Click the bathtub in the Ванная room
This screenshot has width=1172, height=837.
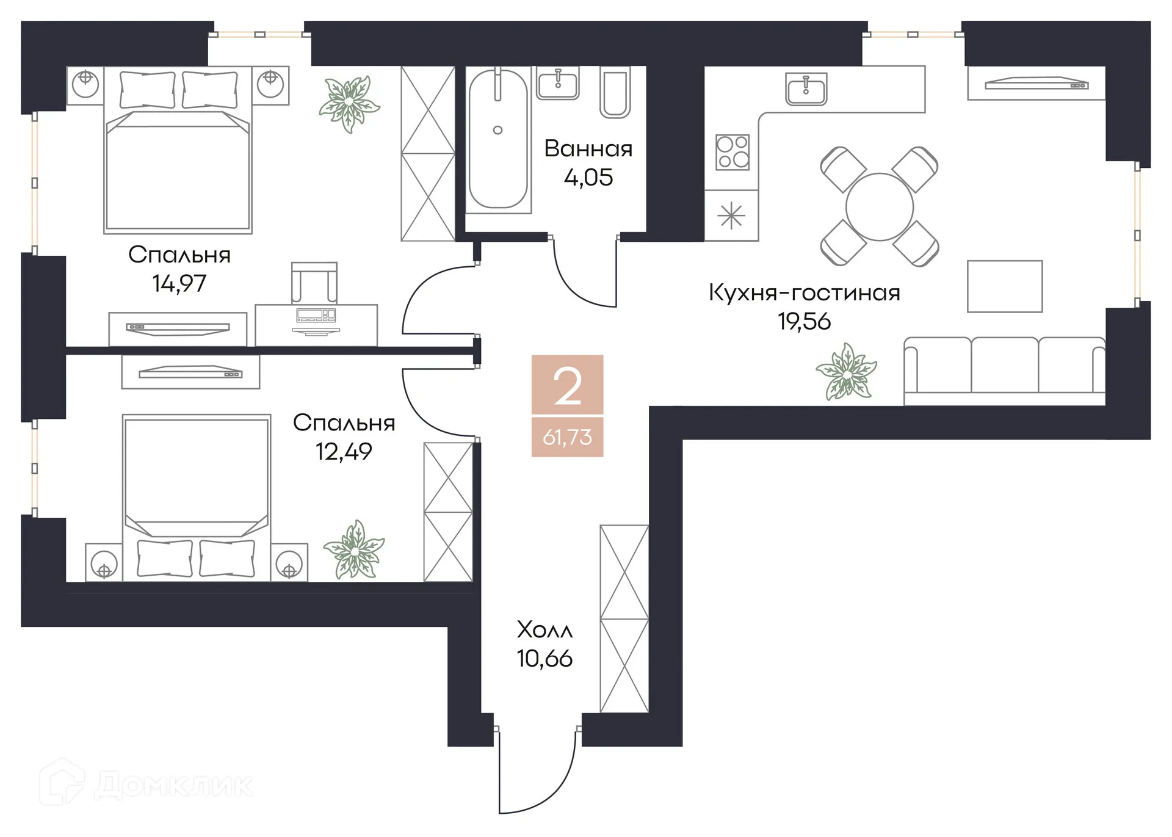tap(497, 139)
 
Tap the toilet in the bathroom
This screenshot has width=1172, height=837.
tap(615, 92)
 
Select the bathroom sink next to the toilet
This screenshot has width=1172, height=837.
tap(557, 83)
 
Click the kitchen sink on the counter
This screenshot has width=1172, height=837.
tap(806, 89)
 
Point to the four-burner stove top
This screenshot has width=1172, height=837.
tap(733, 152)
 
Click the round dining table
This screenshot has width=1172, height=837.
tap(879, 207)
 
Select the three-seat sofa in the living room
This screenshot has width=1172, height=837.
tap(1004, 369)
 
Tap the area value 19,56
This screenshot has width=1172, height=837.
tap(804, 321)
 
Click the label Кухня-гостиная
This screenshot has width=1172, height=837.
tap(804, 292)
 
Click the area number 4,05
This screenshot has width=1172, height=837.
tap(588, 178)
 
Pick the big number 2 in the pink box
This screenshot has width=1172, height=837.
tap(567, 386)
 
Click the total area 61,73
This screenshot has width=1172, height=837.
tap(567, 437)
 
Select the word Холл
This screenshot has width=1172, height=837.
tap(544, 629)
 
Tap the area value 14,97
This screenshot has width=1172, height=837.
tap(179, 283)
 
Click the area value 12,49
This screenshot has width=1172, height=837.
tap(344, 452)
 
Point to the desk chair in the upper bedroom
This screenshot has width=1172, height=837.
tap(314, 283)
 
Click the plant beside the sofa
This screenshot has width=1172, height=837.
tap(847, 371)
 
